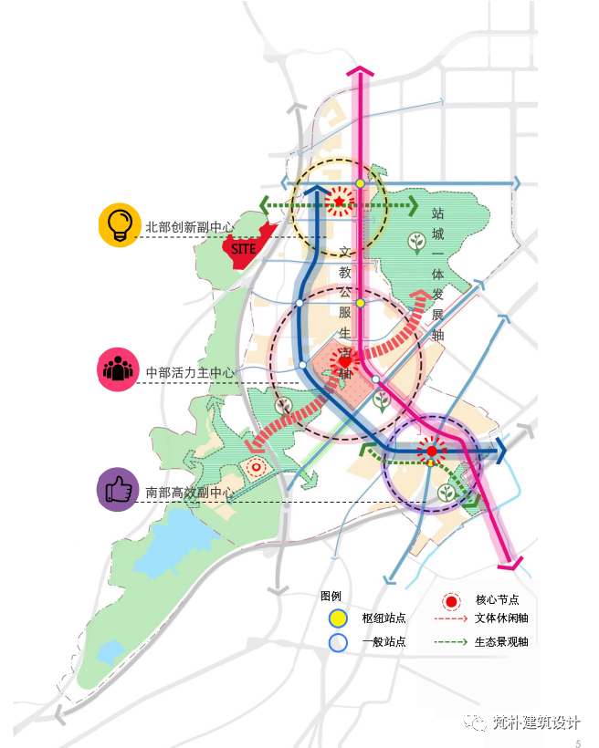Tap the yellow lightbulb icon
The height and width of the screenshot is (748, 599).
pos(117,225)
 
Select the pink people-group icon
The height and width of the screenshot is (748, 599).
pos(117,370)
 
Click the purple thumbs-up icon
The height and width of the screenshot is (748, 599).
pos(117,491)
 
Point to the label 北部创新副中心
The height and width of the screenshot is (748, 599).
pos(190,226)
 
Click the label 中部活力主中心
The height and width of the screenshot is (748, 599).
pos(190,372)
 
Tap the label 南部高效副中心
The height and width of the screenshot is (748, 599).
pos(190,493)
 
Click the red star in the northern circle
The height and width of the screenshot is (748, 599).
pos(339,201)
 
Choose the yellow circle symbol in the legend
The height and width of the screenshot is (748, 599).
pos(339,618)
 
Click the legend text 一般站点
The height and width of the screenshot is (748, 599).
pos(384,642)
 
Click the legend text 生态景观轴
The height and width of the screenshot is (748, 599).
pos(502,641)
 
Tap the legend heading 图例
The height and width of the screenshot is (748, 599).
pos(331,596)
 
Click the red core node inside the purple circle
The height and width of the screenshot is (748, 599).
pos(431,450)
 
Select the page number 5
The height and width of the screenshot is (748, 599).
pos(578,743)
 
